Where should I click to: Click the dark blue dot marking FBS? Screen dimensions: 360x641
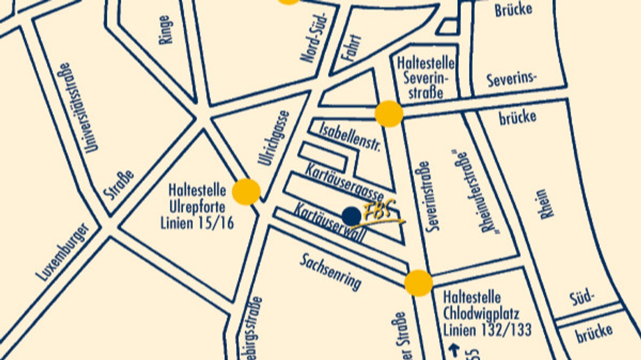(x=351, y=216)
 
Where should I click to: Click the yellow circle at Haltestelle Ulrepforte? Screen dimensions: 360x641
(x=246, y=192)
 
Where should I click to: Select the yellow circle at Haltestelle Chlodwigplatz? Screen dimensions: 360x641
(x=418, y=283)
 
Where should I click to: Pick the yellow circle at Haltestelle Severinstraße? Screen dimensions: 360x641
(x=389, y=114)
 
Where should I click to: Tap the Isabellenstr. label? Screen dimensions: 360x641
(x=349, y=137)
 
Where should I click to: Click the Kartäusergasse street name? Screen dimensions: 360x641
(x=344, y=181)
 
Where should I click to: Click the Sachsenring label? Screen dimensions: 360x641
(x=331, y=271)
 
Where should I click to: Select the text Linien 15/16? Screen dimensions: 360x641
(x=197, y=223)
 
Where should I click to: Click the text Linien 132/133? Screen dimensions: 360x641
(x=487, y=330)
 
